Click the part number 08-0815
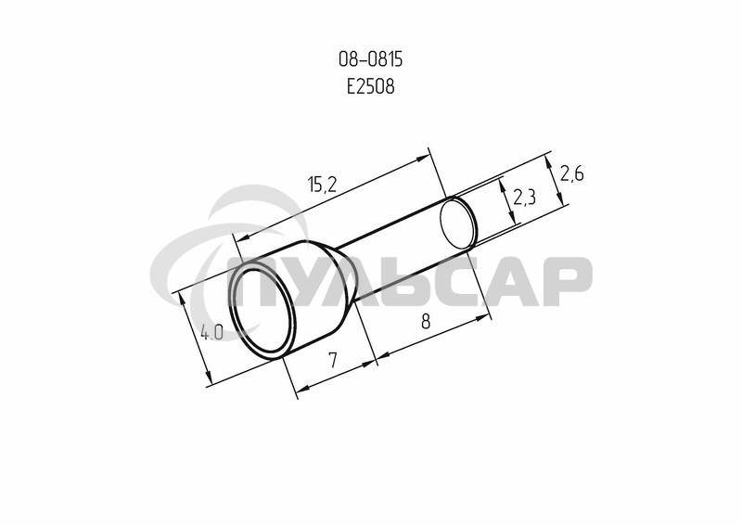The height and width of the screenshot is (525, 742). click(370, 59)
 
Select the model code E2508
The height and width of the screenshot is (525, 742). click(370, 86)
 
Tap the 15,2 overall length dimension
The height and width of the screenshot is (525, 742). click(322, 184)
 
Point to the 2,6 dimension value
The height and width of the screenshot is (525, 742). click(571, 174)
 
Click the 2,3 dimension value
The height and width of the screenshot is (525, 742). click(524, 197)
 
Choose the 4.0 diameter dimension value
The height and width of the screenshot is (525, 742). click(211, 332)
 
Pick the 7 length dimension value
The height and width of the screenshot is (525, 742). click(333, 360)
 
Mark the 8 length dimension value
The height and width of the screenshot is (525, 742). click(426, 322)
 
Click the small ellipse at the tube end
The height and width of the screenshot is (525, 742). click(457, 224)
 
